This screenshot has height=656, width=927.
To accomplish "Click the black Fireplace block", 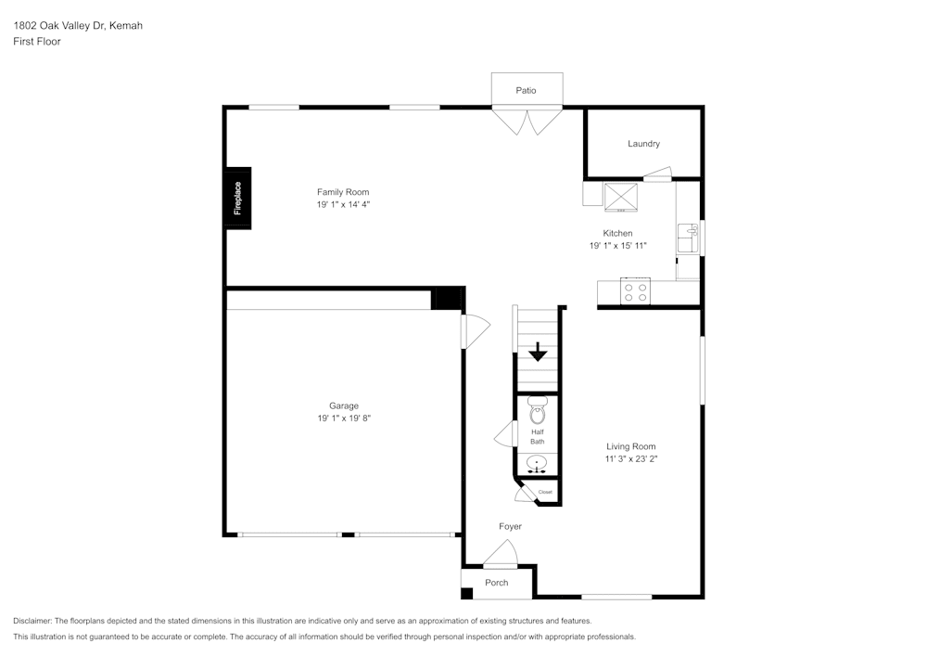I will click(x=237, y=198).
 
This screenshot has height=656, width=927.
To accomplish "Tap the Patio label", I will click(x=526, y=90).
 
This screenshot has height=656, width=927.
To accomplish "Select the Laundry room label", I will click(x=643, y=144).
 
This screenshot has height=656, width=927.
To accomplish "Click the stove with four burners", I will click(x=636, y=292).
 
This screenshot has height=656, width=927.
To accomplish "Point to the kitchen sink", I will click(x=687, y=238).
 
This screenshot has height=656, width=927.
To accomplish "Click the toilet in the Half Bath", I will click(x=538, y=411).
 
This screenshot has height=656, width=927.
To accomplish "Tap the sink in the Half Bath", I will click(x=537, y=463).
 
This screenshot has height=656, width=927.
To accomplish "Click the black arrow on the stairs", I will click(x=538, y=353).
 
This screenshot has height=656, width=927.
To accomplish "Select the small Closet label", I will click(x=545, y=492).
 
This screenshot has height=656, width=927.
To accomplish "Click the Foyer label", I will click(x=510, y=526).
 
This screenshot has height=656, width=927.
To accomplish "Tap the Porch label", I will click(x=497, y=583).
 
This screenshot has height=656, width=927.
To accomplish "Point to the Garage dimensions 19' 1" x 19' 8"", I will click(x=344, y=418).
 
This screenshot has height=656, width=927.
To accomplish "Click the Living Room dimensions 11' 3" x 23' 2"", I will click(x=631, y=458).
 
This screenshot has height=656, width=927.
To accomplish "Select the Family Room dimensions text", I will click(x=344, y=204).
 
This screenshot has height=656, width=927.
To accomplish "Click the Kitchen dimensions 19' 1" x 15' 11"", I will click(x=617, y=246).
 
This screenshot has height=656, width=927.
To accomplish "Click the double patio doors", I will click(x=527, y=121).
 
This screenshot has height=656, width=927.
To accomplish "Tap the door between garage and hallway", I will click(x=474, y=330).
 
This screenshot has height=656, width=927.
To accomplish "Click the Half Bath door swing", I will click(x=506, y=434).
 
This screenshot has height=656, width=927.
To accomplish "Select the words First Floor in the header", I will click(x=37, y=42).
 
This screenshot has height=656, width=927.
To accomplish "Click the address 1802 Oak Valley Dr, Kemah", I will click(x=78, y=26).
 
